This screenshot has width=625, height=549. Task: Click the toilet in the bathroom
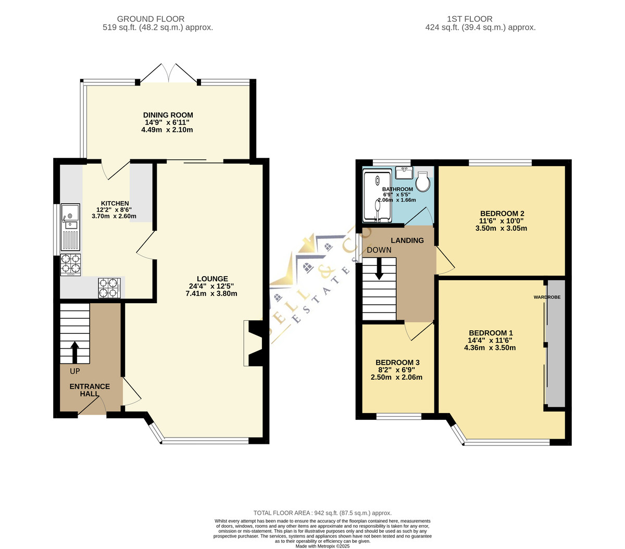(x=422, y=181)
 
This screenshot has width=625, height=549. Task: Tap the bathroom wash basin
(x=404, y=172)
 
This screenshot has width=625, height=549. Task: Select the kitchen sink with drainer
(x=70, y=227)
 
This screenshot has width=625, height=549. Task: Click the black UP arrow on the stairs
(x=74, y=352)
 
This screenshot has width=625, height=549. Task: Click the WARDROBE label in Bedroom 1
(x=547, y=297)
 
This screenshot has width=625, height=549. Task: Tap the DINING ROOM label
(x=168, y=115)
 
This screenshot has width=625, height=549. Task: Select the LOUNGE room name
(x=213, y=279)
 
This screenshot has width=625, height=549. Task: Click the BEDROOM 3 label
(x=397, y=363)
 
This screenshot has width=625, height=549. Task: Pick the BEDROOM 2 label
(x=502, y=213)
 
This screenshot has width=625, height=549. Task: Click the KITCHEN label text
(x=115, y=203)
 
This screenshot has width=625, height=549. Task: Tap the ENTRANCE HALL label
(x=90, y=390)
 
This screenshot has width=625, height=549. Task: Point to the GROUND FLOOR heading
(x=151, y=19)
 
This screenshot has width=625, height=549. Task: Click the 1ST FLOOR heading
(x=469, y=19)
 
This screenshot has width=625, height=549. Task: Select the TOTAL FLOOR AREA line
(x=322, y=513)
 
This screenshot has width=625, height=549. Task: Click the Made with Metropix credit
(x=322, y=546)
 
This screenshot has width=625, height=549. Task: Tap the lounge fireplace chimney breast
(x=255, y=343)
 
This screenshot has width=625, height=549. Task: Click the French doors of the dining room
(x=168, y=74)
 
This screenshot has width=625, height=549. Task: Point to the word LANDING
(x=407, y=240)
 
